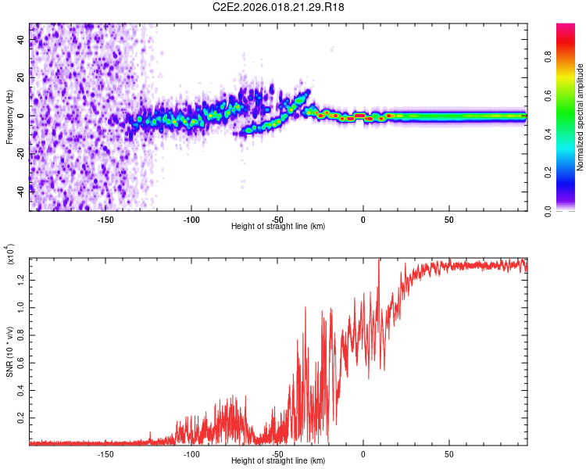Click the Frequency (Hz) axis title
click(x=10, y=117)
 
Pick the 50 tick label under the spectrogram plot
click(x=448, y=219)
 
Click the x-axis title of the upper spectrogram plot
click(x=278, y=227)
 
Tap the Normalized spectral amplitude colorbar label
click(x=581, y=117)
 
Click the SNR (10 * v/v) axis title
click(x=10, y=351)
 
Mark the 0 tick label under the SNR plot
click(x=363, y=453)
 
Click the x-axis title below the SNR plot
click(x=278, y=461)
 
